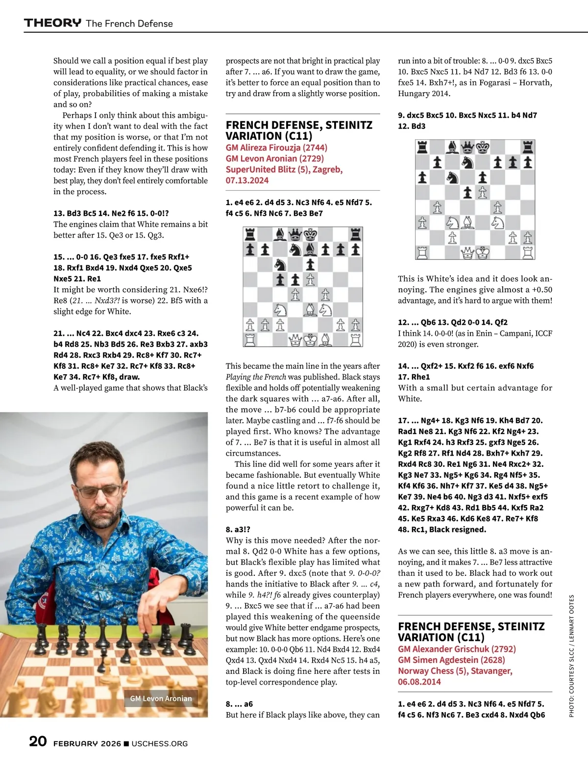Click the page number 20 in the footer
38,741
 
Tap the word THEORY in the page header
53,23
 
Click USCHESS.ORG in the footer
160,743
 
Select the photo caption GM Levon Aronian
161,698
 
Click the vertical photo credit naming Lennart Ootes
571,656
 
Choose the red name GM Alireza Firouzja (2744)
276,148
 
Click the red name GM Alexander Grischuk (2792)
457,649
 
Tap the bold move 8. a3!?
238,530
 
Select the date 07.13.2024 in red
247,180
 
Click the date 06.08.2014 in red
419,682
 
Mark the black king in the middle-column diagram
310,234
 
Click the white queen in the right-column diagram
467,253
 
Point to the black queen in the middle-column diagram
295,234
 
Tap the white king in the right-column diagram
483,253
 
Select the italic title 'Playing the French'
256,377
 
